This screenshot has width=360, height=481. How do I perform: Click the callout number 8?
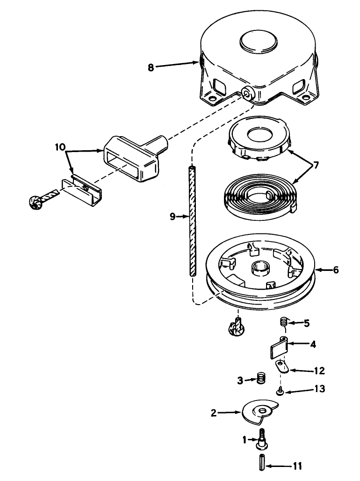click(x=151, y=67)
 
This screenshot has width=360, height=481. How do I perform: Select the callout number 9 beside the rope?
click(x=173, y=217)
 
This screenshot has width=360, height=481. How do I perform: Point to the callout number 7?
click(x=316, y=165)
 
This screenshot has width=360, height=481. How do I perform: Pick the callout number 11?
click(x=297, y=466)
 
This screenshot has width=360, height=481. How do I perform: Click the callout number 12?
click(x=320, y=370)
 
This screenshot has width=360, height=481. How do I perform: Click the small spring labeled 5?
click(x=284, y=322)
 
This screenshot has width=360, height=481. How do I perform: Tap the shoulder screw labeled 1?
click(x=262, y=438)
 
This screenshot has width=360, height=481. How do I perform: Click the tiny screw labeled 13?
click(x=280, y=391)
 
